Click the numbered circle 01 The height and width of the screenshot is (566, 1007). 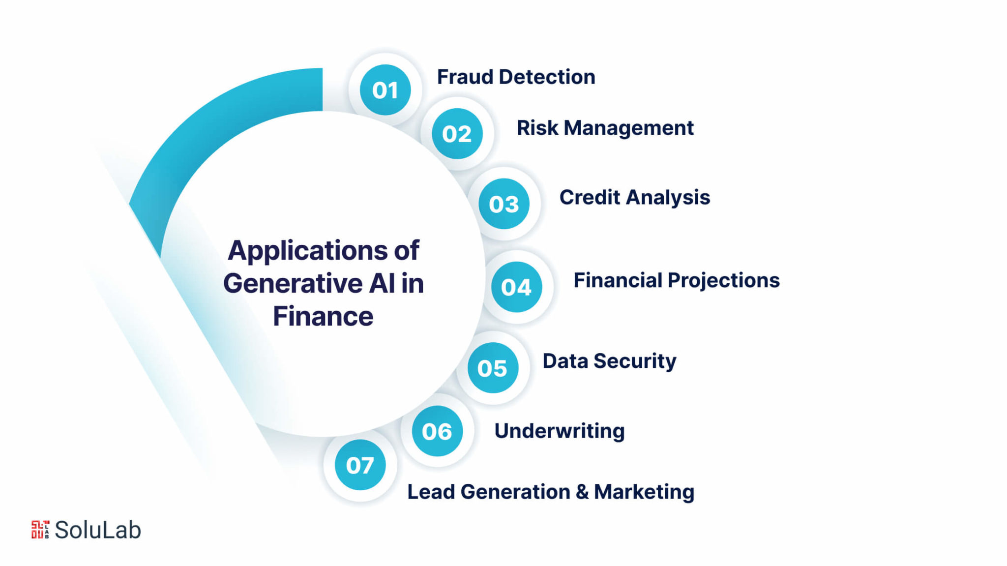[385, 90]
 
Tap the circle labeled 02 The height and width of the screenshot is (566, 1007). [457, 134]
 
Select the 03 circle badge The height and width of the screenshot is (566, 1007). [504, 204]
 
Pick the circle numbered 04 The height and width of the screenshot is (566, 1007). [516, 287]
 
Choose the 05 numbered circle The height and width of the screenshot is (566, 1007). [493, 368]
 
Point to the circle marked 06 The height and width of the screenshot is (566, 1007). [437, 431]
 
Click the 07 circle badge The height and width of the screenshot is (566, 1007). [360, 465]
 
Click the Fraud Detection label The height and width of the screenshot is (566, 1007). [516, 77]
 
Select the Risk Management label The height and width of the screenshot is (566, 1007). [605, 128]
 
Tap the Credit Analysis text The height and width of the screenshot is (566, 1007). [635, 198]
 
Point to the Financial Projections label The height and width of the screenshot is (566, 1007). [677, 281]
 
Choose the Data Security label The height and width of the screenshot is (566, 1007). [609, 361]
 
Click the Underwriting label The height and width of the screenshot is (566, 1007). [560, 431]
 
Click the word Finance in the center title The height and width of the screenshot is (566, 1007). [323, 316]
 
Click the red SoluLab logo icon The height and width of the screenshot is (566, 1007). [40, 530]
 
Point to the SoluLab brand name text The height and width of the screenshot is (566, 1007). [98, 530]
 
